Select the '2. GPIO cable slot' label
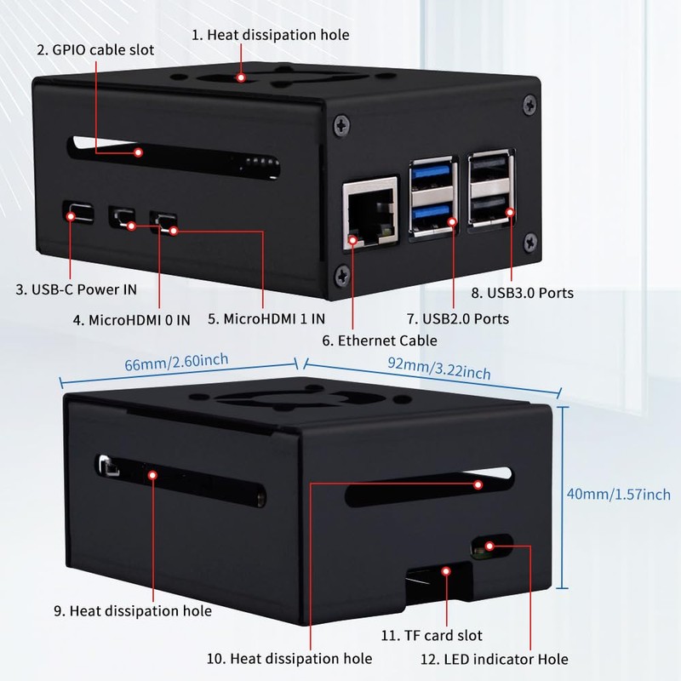[x=95, y=49]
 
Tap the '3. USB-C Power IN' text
[x=76, y=289]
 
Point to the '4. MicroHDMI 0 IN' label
[x=131, y=320]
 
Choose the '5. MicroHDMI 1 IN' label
[x=266, y=320]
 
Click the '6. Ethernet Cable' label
[x=379, y=340]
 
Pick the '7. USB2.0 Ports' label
[x=457, y=318]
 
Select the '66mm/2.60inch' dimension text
[x=176, y=363]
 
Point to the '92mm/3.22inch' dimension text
[x=438, y=368]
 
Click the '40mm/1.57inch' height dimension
[x=619, y=494]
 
